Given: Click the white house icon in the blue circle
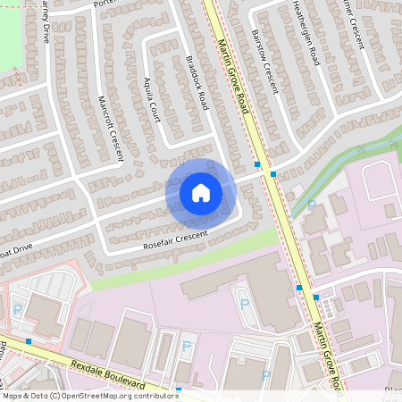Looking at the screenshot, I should coord(200,193).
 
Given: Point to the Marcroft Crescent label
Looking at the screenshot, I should coord(110,128).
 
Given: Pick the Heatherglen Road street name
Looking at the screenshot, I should coord(306,32).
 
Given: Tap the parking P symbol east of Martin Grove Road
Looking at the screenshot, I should coord(312,204).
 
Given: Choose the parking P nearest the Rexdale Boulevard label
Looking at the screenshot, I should coord(187,345).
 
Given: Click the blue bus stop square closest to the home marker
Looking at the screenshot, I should coord(257,165).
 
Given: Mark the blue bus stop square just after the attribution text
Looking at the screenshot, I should coord(179,390).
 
